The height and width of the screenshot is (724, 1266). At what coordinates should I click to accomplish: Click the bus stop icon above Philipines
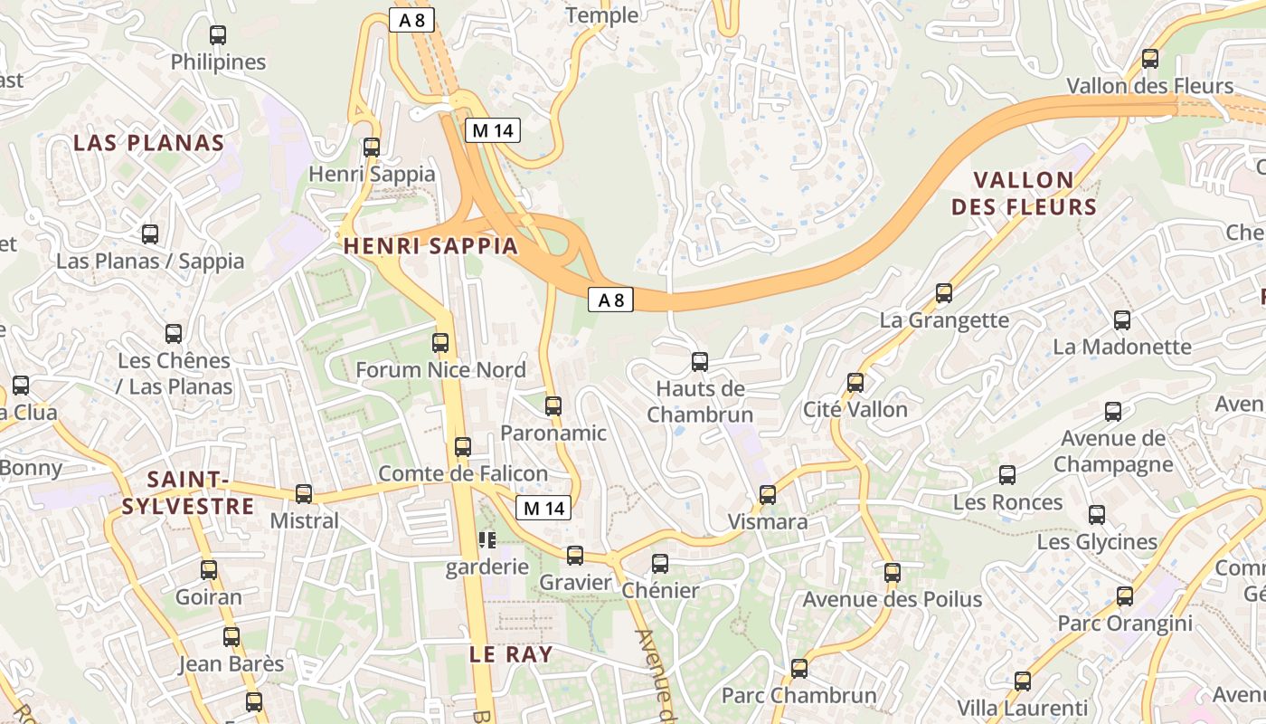[x=218, y=35]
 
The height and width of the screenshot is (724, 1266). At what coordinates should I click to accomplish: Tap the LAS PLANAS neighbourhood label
[x=148, y=143]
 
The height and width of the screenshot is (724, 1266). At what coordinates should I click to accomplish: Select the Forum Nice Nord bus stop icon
[x=440, y=343]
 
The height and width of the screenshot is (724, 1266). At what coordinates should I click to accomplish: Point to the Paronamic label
[x=553, y=433]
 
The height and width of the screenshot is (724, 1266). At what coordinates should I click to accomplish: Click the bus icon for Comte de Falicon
[x=463, y=446]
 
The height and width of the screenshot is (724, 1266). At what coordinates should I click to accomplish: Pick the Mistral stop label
[x=305, y=520]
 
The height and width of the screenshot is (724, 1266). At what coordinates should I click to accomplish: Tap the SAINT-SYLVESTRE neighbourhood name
[x=188, y=492]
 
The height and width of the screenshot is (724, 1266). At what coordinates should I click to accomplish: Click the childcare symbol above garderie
[x=487, y=540]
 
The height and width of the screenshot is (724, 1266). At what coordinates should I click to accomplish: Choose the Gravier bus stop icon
[x=575, y=556]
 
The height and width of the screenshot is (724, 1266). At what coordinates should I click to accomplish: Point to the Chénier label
[x=660, y=590]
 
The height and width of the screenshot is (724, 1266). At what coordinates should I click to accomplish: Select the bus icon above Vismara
[x=768, y=495]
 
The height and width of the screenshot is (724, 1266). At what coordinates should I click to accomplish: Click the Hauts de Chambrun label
[x=700, y=402]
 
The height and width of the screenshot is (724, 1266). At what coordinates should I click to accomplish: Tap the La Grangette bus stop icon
[x=944, y=293]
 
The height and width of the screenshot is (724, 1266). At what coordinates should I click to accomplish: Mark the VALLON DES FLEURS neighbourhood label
[x=1024, y=194]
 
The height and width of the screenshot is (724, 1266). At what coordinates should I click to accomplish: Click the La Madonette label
[x=1122, y=347]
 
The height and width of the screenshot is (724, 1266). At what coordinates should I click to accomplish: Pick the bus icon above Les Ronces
[x=1007, y=475]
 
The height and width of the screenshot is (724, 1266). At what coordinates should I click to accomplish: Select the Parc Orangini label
[x=1125, y=624]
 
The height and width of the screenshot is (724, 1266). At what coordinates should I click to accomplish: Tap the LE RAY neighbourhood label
[x=511, y=654]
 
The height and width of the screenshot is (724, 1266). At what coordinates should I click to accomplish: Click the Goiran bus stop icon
[x=209, y=570]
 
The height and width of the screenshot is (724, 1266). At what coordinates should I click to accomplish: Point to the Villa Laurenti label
[x=1022, y=708]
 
